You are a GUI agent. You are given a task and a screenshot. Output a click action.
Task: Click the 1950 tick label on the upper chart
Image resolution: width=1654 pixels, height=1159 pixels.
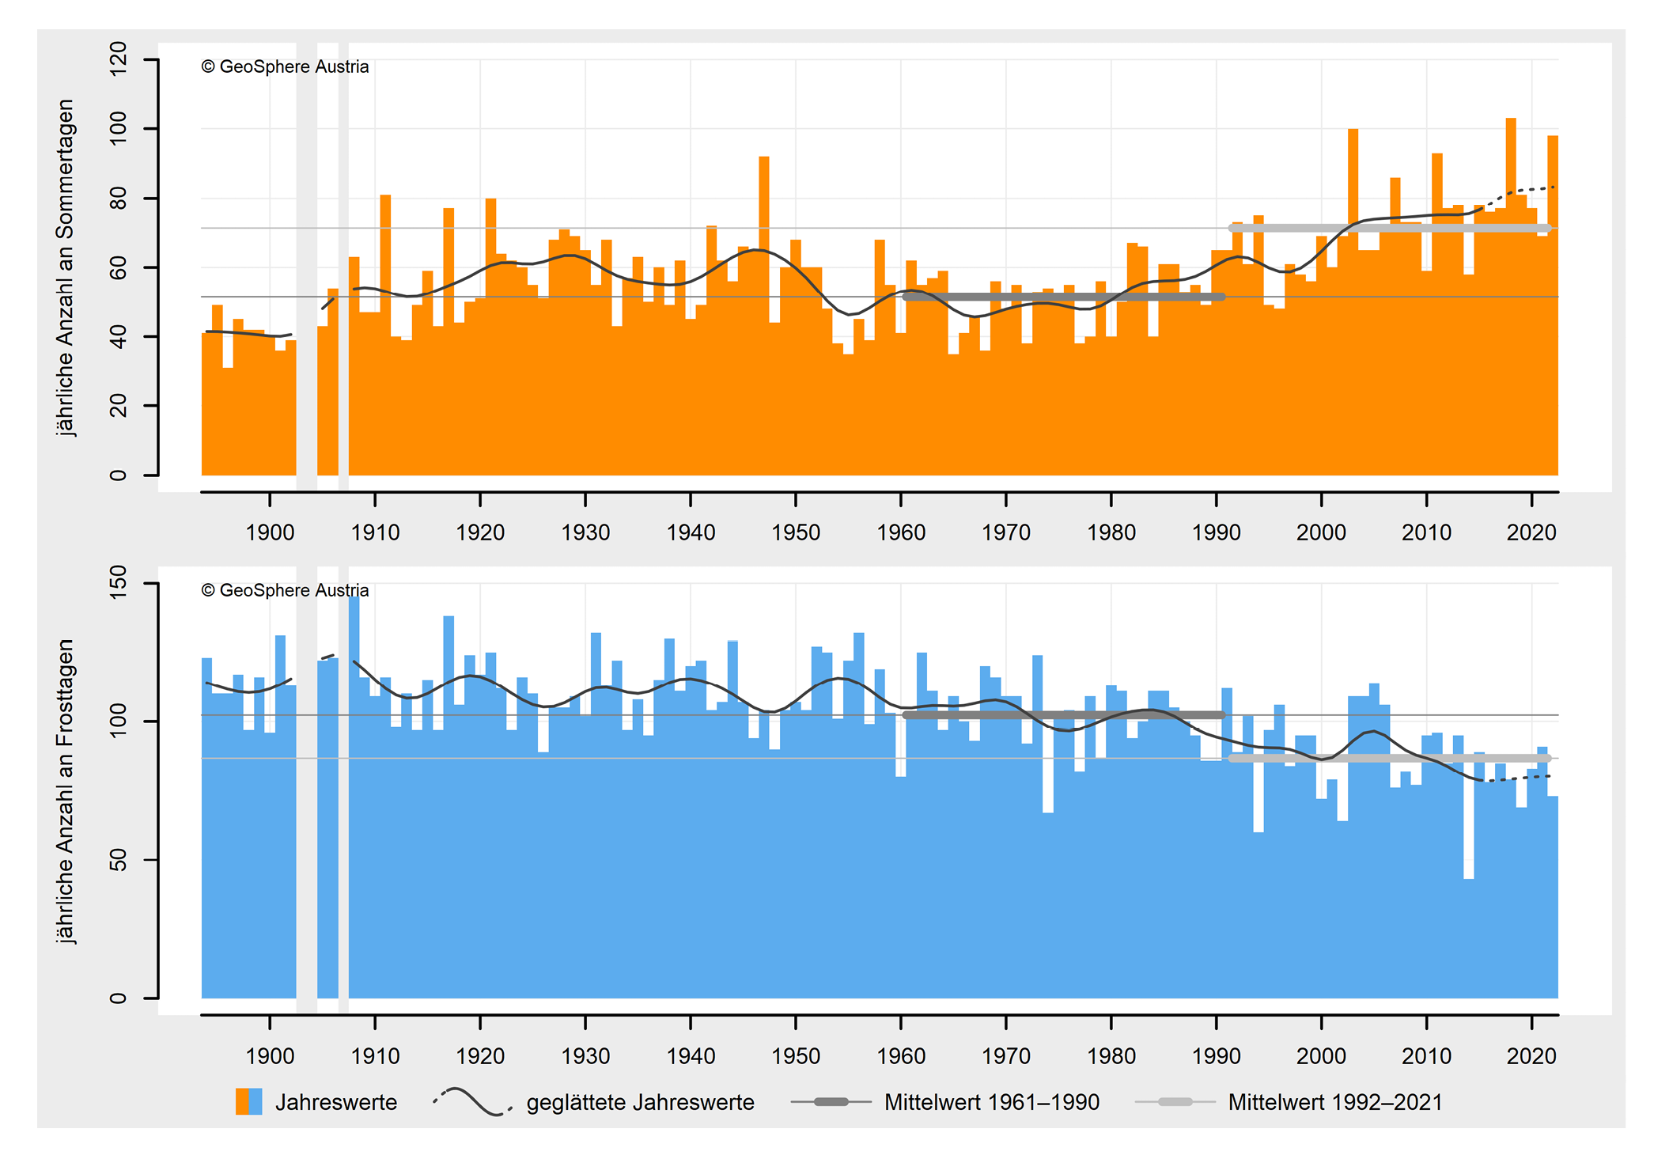click(795, 532)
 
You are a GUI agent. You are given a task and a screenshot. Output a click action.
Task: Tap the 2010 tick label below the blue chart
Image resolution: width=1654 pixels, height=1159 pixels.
click(1426, 1056)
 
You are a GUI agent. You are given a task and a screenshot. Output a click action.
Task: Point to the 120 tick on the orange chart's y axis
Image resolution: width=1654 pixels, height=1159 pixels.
click(119, 59)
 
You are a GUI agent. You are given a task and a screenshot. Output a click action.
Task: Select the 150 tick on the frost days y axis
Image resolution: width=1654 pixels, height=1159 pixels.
click(119, 583)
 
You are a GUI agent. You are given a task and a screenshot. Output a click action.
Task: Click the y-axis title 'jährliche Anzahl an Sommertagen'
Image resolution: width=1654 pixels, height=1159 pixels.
click(66, 267)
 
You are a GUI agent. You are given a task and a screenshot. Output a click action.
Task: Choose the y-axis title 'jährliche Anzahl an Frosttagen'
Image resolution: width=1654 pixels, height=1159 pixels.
click(66, 791)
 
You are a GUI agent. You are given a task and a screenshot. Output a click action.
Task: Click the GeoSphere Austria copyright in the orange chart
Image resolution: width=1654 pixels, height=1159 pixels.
click(285, 66)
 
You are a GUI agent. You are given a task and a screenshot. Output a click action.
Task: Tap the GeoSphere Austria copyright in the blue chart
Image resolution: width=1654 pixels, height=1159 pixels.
click(285, 590)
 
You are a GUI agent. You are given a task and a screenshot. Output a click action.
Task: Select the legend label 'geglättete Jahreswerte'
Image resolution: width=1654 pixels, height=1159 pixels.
click(640, 1102)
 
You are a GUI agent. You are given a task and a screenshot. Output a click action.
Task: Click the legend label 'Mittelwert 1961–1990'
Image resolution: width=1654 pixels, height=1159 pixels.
click(991, 1102)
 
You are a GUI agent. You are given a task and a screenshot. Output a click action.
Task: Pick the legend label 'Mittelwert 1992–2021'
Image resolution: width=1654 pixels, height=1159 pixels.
click(1335, 1102)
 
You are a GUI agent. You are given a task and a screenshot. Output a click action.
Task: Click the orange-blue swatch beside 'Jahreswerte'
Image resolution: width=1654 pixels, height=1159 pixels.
click(248, 1102)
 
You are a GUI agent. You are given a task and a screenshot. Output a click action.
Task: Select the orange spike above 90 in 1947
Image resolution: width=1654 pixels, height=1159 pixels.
click(764, 237)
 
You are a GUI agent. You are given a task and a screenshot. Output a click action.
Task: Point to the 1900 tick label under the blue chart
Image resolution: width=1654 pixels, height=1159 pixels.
click(270, 1056)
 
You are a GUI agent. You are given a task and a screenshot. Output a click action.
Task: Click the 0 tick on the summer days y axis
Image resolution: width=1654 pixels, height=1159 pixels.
click(119, 475)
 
